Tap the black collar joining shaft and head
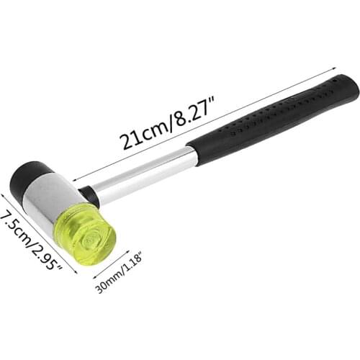point(91,196)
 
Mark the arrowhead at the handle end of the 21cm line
point(336,68)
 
